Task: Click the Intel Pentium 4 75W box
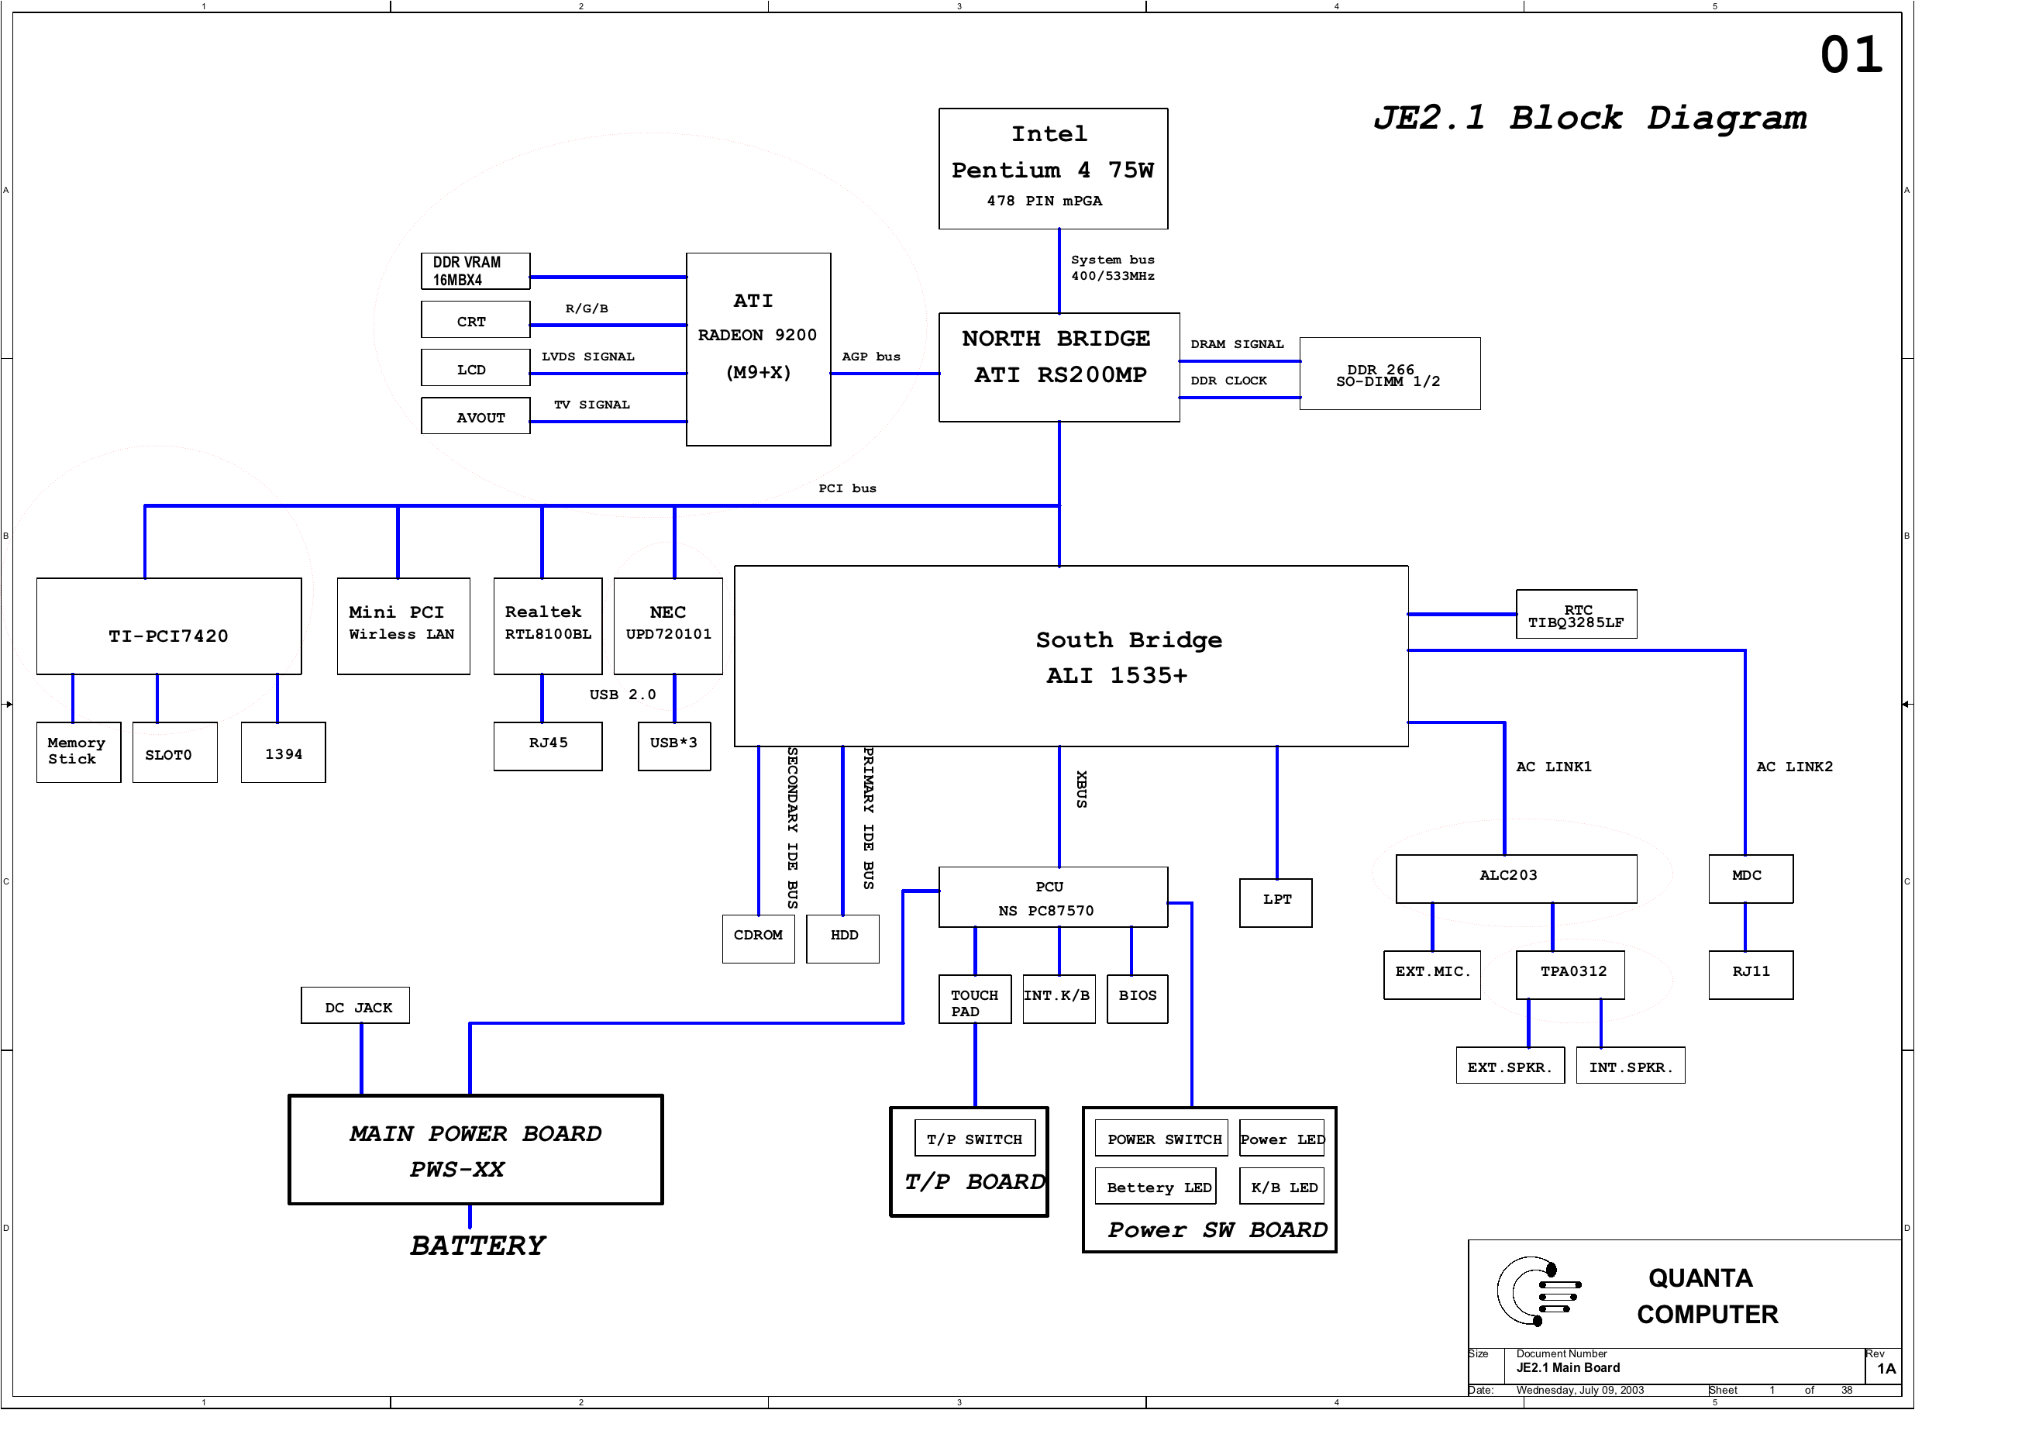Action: click(1053, 169)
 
